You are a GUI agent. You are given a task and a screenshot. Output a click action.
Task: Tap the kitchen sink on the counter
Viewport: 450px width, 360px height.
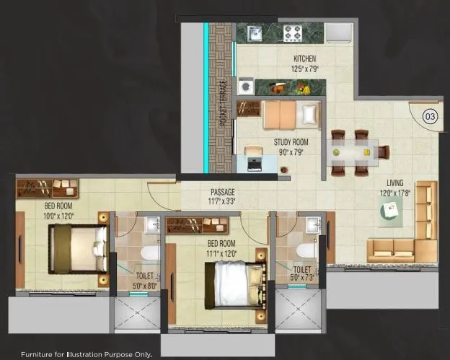click(255, 32)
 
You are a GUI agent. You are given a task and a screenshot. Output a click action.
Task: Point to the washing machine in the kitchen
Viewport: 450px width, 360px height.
click(246, 86)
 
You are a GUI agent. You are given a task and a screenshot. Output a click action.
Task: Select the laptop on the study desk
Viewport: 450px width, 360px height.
click(254, 164)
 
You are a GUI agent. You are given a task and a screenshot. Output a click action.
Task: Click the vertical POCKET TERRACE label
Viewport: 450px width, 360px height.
click(224, 102)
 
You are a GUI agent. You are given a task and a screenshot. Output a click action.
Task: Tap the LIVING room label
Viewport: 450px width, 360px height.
click(394, 183)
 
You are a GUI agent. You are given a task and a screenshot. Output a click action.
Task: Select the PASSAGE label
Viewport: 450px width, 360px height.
click(223, 193)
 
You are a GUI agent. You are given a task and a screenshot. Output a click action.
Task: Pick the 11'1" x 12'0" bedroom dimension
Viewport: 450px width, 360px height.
click(221, 253)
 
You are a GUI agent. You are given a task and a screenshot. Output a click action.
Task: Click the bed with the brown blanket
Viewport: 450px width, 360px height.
click(76, 247)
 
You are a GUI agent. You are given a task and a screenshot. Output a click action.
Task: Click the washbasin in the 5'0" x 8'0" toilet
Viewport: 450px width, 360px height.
click(152, 225)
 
